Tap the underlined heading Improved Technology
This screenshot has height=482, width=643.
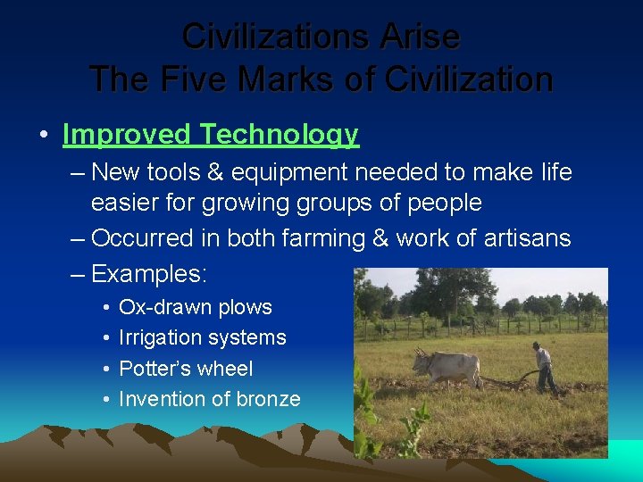pos(211,135)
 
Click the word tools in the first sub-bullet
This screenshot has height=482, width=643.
pos(177,172)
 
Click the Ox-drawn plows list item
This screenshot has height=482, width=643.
pos(196,307)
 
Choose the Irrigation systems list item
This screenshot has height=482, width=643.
pos(203,337)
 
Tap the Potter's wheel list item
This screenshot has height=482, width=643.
pos(186,369)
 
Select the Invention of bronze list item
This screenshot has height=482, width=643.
pos(210,399)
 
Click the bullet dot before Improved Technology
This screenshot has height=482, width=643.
pos(43,136)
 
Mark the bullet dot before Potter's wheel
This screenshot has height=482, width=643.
pos(105,369)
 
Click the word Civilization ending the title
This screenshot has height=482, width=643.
pos(469,79)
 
